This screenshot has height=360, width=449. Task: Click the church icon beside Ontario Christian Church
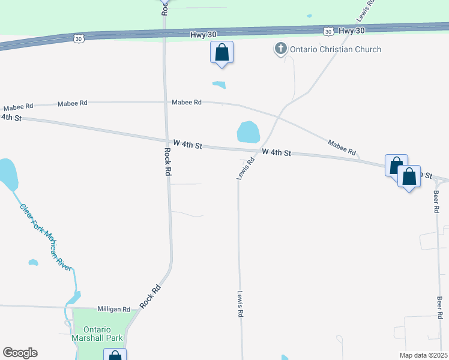tap(280, 49)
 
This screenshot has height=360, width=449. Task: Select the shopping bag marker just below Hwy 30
tap(221, 53)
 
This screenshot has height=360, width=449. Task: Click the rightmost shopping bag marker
tap(409, 177)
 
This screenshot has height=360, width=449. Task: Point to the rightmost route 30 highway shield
tap(328, 31)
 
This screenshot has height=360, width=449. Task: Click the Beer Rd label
tap(436, 202)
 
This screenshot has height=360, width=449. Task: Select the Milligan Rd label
tap(113, 310)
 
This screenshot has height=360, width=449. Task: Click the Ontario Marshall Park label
tap(103, 334)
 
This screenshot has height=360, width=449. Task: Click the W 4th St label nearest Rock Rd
tap(188, 145)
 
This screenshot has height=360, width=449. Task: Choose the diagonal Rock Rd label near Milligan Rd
tap(151, 296)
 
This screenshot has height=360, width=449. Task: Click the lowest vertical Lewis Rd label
tap(240, 304)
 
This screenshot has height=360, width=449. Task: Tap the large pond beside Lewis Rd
tap(248, 132)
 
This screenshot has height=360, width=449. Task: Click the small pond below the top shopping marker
tap(219, 85)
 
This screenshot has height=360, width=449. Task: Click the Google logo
tap(20, 353)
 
